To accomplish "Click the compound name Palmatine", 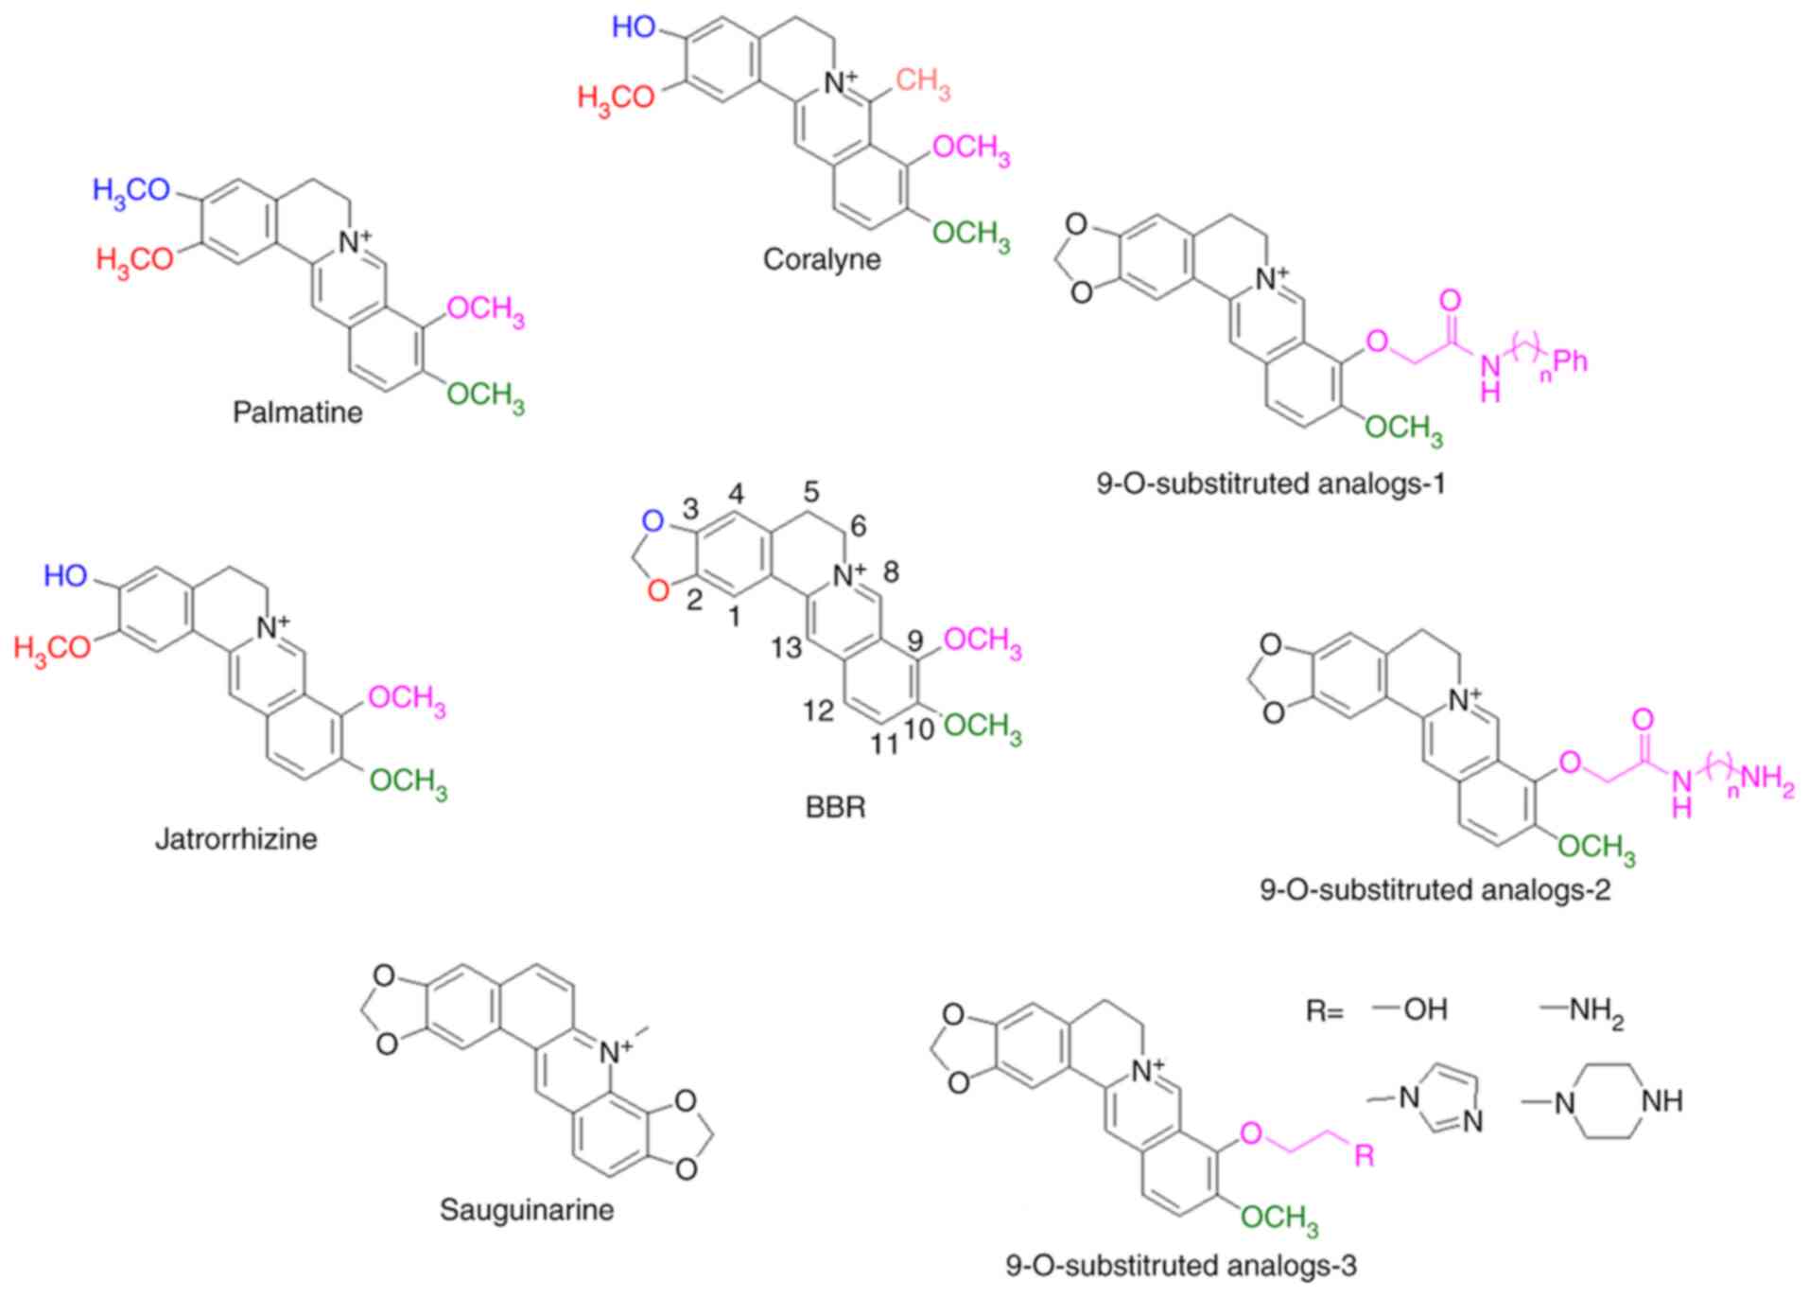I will (x=297, y=412).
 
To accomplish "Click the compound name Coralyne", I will (x=821, y=259).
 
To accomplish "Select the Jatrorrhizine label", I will (x=235, y=838).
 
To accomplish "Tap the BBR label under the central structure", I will (x=835, y=808).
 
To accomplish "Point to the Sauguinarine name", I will (x=527, y=1209).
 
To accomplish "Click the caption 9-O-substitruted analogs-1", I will (x=1271, y=483).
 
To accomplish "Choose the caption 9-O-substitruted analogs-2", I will (x=1435, y=889).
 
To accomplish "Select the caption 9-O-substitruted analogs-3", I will (x=1181, y=1265).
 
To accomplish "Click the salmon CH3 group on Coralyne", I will (x=922, y=83).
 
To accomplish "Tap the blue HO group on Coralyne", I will (x=634, y=26).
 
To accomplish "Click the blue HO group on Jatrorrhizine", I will (x=65, y=575).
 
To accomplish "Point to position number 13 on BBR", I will (x=786, y=647).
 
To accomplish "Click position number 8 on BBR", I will (x=890, y=571).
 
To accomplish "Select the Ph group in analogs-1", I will (x=1571, y=360).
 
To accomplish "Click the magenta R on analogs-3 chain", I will (x=1364, y=1155).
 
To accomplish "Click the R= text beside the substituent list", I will (x=1324, y=1011).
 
